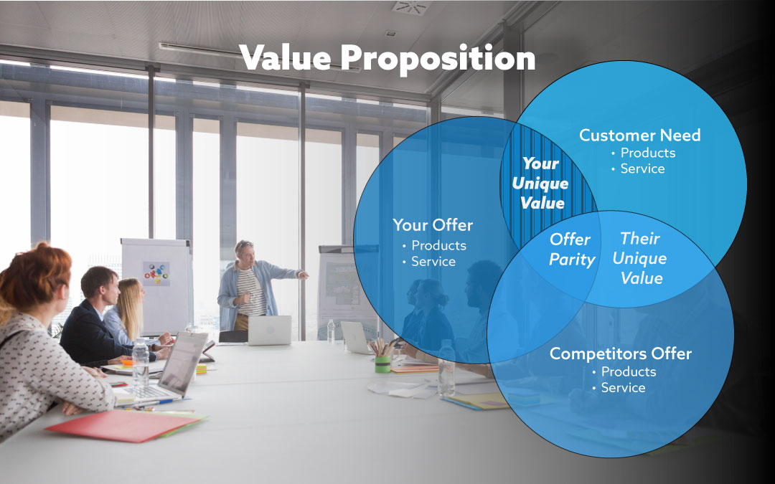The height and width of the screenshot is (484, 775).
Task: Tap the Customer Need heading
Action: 639,135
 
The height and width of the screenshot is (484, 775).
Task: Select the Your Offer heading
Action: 433,225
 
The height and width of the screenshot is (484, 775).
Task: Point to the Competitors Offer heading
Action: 621,353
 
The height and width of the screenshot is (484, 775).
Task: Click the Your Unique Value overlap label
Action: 540,184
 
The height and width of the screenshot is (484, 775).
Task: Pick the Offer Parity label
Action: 571,249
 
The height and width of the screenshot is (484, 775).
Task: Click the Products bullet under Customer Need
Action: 647,153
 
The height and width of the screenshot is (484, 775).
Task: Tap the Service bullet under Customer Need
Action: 642,169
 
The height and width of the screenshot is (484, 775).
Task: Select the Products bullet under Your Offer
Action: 438,245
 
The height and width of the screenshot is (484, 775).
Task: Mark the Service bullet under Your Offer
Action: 433,261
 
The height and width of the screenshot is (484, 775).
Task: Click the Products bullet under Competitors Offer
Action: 628,371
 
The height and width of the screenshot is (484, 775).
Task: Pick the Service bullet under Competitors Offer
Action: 623,387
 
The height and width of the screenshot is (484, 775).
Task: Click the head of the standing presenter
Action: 244,251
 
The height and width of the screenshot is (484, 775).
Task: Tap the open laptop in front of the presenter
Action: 269,330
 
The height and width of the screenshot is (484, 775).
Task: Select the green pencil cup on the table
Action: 382,364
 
